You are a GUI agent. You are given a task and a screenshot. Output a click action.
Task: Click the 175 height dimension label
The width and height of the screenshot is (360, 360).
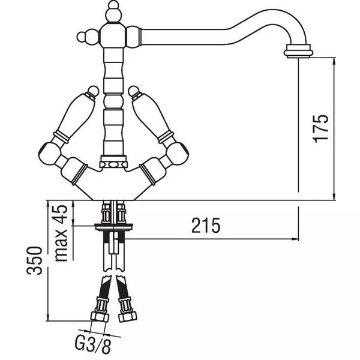pos(320,128)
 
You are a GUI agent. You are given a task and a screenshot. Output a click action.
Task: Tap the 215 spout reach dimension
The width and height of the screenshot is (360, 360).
pos(206,226)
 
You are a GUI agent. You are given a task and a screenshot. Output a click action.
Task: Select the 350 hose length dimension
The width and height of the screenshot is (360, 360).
pos(34,260)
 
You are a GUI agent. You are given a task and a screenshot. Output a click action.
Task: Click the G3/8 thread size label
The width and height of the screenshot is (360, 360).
pos(93,346)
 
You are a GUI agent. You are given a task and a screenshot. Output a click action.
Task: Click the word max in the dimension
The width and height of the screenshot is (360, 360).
pos(61,245)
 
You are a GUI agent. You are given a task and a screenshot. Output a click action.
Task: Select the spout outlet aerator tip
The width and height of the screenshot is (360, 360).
pos(298,51)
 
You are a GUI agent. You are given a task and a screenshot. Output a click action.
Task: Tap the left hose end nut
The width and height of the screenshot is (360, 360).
pos(100,317)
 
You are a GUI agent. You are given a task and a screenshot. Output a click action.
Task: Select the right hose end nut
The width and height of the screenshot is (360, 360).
pos(128,317)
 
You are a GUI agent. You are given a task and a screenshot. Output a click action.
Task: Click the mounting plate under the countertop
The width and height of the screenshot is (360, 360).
pos(113,227)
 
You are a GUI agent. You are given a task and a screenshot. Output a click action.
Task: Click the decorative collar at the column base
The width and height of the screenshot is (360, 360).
pos(113,162)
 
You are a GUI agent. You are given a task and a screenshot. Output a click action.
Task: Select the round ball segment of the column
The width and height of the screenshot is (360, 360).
pos(113,101)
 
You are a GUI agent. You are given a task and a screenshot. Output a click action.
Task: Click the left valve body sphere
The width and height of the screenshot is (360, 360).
pos(50,152)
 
